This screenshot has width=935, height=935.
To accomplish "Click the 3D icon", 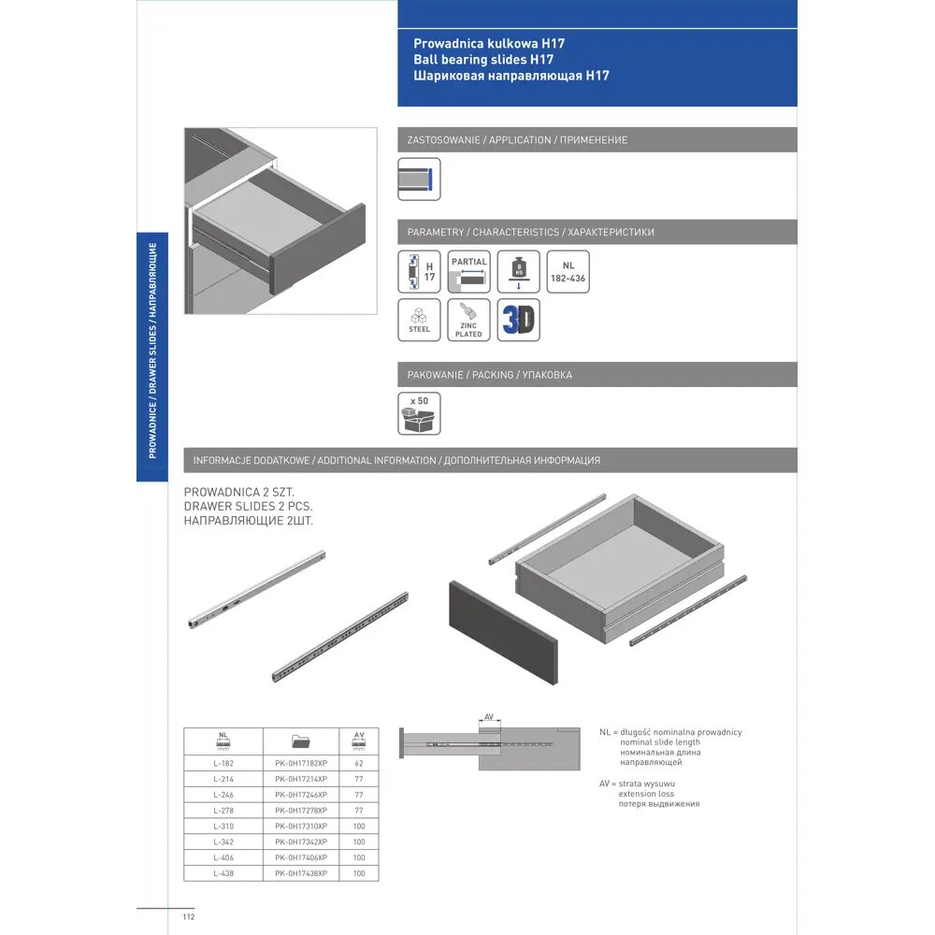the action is click(x=518, y=320).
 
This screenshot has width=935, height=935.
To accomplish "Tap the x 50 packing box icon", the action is click(x=419, y=413).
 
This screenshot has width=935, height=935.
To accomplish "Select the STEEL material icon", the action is click(x=419, y=320).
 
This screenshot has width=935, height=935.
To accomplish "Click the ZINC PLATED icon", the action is click(x=468, y=320).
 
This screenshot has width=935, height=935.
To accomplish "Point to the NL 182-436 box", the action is click(x=568, y=272).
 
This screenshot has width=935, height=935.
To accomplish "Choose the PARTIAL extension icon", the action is click(x=468, y=272).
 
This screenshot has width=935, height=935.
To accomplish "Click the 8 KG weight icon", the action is click(x=518, y=272).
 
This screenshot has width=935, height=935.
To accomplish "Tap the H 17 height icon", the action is click(x=419, y=272).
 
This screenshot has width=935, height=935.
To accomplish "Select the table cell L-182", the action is click(x=223, y=763).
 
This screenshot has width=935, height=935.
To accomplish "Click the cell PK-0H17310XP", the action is click(x=301, y=826).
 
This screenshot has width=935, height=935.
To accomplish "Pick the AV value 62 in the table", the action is click(x=359, y=763).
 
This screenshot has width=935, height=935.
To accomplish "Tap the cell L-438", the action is click(x=223, y=873).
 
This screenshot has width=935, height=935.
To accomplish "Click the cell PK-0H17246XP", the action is click(x=301, y=794).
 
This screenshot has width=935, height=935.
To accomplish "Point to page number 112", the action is click(x=188, y=917).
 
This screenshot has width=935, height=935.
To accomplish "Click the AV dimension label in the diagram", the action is click(x=489, y=717).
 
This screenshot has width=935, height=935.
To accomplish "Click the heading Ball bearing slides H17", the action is click(x=477, y=59).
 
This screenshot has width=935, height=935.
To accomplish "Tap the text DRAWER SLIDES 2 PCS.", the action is click(x=245, y=505).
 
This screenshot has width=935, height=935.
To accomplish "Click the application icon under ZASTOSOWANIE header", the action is click(x=419, y=179).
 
